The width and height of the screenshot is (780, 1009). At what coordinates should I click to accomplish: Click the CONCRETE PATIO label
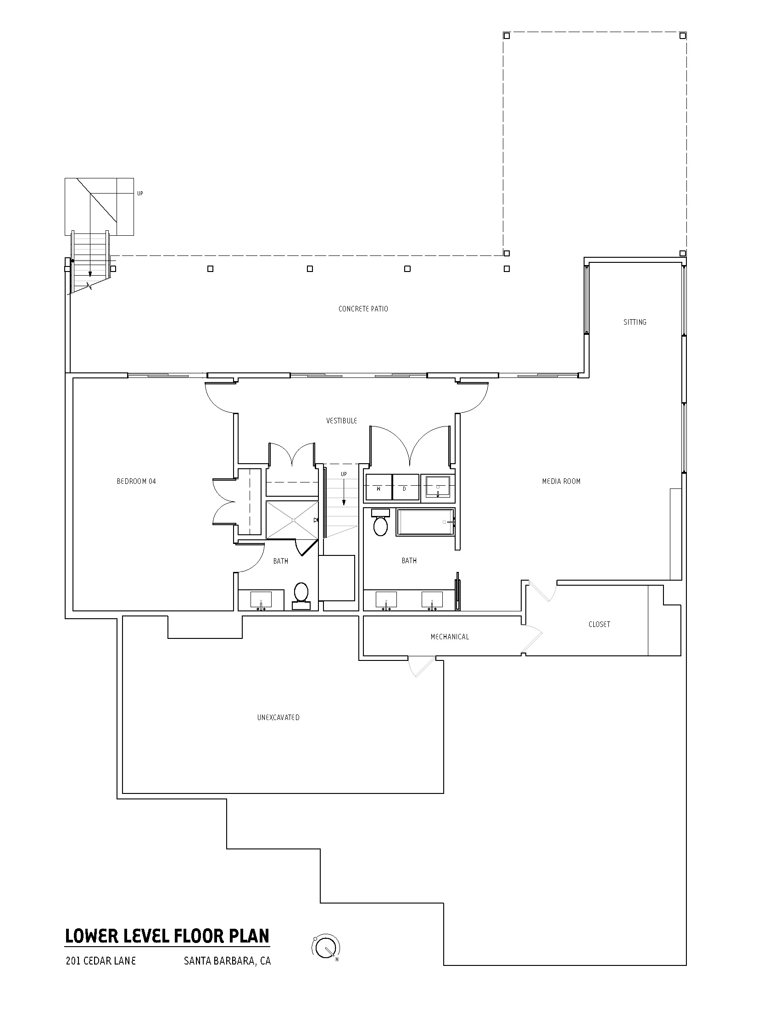(363, 309)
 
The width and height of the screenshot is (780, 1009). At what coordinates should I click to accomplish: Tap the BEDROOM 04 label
(136, 482)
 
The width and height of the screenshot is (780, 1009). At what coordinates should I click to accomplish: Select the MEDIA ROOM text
(561, 482)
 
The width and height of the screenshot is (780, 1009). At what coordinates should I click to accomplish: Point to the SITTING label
(635, 322)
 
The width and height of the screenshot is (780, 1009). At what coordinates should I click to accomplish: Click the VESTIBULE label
(341, 421)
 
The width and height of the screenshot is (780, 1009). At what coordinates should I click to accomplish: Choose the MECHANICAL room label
(450, 637)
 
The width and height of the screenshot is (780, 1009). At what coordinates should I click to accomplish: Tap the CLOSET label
(599, 624)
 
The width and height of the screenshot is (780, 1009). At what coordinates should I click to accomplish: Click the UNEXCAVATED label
(278, 717)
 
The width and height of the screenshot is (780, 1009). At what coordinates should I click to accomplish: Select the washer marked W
(379, 487)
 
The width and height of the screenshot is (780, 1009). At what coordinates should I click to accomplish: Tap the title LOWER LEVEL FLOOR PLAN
(167, 936)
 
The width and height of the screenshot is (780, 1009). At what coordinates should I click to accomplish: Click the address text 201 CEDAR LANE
(101, 961)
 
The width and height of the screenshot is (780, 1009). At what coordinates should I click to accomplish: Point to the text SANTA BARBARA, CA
(227, 961)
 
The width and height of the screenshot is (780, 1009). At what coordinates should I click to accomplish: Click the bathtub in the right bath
(425, 522)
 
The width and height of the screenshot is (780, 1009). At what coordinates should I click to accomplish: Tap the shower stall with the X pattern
(291, 520)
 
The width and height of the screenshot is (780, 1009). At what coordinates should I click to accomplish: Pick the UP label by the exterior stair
(140, 194)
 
